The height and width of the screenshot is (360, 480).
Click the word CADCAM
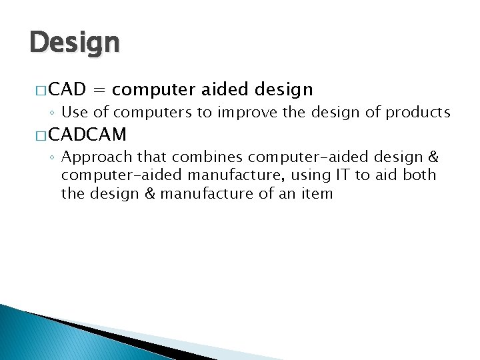[x=87, y=135]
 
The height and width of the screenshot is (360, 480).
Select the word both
[x=420, y=175]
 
